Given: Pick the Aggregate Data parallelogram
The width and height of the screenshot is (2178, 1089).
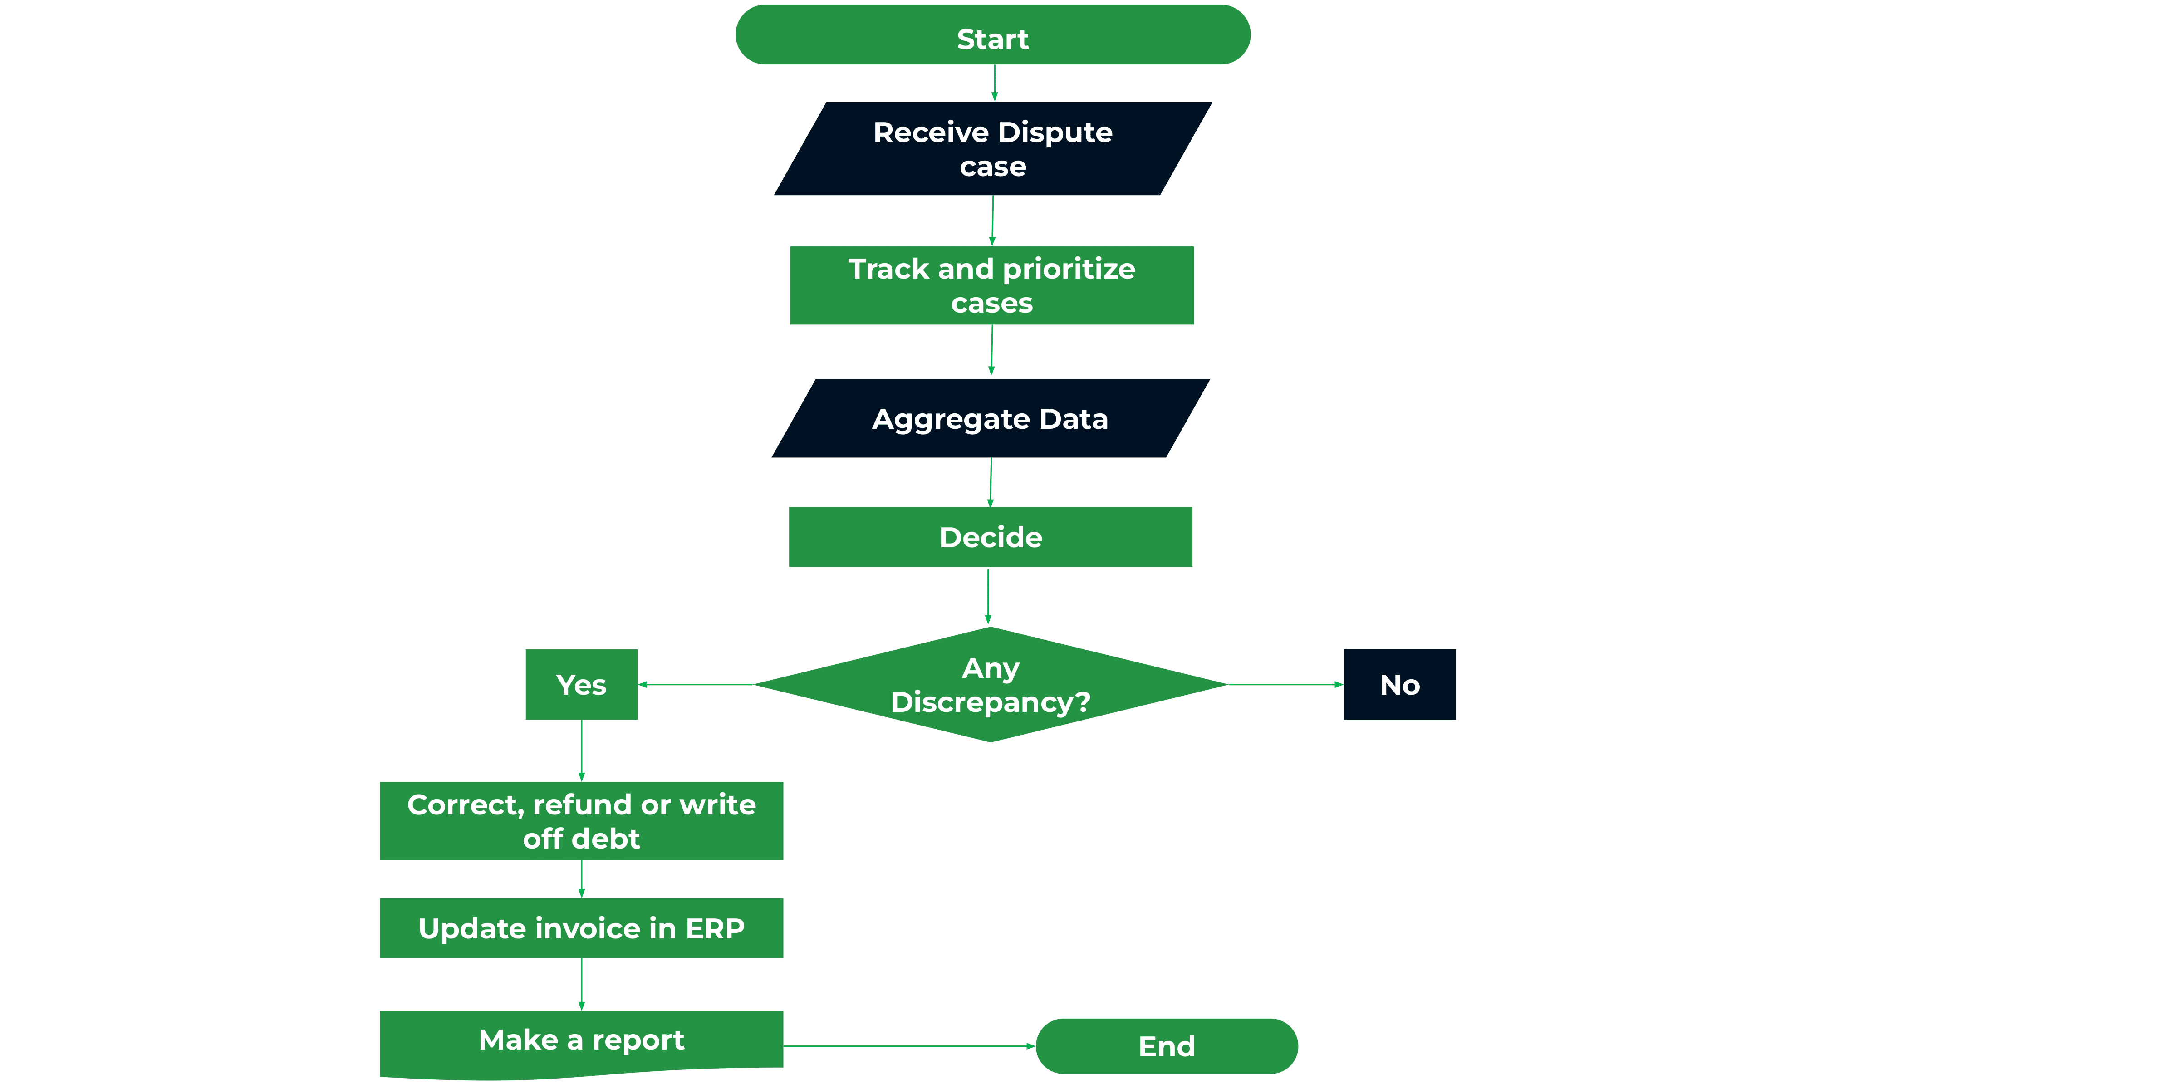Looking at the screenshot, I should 990,418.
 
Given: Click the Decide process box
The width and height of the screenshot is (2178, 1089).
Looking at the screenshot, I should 990,537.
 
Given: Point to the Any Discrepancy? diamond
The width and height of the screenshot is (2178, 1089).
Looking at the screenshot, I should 990,685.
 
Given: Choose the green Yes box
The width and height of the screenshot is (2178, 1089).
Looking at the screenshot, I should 581,685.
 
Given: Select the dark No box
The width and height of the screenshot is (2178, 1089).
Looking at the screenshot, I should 1399,685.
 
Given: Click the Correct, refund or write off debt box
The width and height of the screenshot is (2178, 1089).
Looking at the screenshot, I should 581,821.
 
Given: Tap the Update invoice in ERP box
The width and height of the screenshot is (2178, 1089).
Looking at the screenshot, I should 581,928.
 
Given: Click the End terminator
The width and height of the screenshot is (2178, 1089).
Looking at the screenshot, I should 1166,1047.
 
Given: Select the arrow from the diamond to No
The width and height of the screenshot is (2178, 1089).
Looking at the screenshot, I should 1285,685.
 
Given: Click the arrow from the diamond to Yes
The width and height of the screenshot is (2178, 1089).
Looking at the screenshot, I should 695,685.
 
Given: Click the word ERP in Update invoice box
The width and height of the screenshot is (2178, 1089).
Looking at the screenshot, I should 715,928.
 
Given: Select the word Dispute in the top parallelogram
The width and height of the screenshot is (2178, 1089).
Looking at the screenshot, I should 1055,133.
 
